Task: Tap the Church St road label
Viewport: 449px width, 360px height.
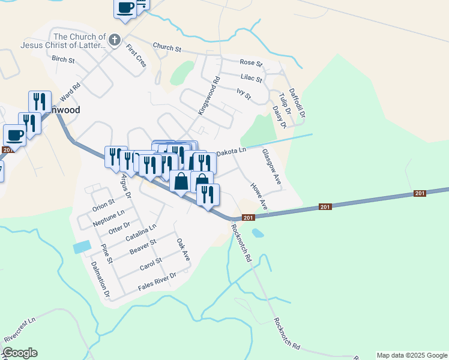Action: click(167, 47)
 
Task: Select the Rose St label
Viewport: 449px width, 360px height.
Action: click(251, 62)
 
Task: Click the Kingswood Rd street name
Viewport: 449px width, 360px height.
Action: click(209, 95)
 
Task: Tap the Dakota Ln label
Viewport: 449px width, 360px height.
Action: click(231, 152)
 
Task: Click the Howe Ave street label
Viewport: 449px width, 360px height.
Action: click(259, 197)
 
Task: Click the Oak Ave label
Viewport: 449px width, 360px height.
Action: click(183, 249)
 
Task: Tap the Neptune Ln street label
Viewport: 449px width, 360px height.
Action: click(109, 217)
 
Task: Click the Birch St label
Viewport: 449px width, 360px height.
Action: click(63, 59)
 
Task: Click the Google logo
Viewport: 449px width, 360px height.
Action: click(20, 353)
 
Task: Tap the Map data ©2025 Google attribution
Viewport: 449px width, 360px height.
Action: click(412, 355)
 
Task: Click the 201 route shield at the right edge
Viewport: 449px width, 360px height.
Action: click(420, 193)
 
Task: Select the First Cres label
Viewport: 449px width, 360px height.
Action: click(136, 58)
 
